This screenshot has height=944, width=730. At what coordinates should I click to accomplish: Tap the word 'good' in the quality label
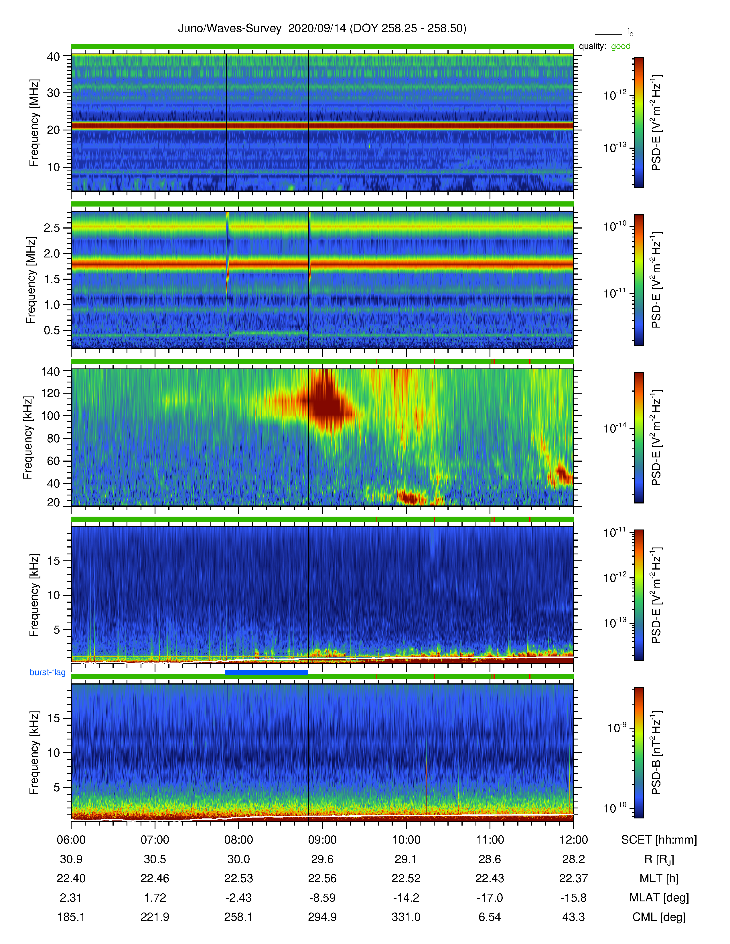coord(621,46)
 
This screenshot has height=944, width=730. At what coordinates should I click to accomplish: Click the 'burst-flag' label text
coord(48,672)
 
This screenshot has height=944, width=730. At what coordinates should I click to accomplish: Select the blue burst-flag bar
coord(267,672)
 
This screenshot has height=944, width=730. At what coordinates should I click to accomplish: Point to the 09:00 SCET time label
coord(322,840)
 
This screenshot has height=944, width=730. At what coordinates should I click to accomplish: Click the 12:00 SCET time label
coord(573,840)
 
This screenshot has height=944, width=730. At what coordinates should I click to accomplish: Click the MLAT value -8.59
coord(322,898)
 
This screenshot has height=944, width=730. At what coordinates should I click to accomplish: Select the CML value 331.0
coord(406,917)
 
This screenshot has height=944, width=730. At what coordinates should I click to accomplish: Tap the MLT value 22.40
coord(71,879)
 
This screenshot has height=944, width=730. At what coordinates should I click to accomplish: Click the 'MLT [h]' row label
coord(659,879)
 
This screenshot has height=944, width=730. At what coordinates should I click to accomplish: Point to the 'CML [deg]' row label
coord(659,917)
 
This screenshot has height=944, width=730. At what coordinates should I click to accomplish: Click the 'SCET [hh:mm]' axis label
coord(659,840)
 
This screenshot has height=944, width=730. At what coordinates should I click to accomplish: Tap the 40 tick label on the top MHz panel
coord(53,57)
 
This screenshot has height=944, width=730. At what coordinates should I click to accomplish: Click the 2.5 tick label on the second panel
coord(52,228)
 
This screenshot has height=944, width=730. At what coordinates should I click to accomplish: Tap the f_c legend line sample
coord(608,34)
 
